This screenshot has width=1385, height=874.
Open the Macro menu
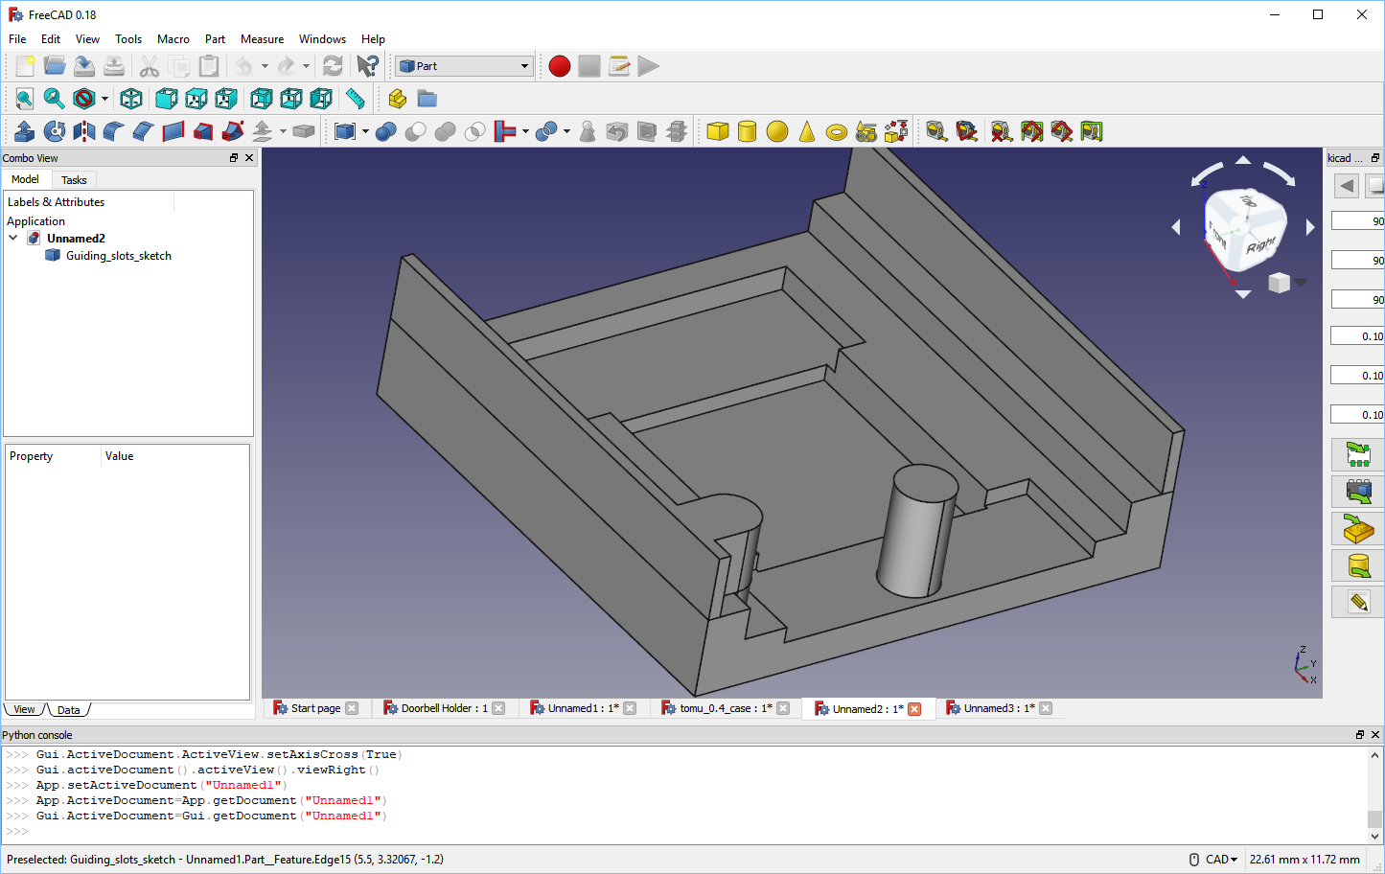coord(173,39)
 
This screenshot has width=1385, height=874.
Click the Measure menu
coord(262,39)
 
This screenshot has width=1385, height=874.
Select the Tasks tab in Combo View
coord(74,180)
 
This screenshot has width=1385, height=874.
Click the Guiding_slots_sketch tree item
coord(118,256)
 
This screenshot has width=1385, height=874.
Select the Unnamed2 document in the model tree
coord(76,239)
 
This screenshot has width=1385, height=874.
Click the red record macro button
coord(560,66)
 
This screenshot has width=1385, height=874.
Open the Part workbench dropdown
coord(464,66)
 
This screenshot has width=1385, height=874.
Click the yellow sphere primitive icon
coord(777,131)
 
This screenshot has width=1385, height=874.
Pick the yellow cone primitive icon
coord(807,131)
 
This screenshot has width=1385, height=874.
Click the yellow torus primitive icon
coord(837,132)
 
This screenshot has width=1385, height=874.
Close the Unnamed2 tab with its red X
coord(914,709)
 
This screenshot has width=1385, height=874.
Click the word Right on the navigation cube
coord(1260,245)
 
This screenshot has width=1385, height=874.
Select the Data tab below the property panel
coord(68,710)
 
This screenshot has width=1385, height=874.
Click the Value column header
coord(120,456)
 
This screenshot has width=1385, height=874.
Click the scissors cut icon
coord(149,66)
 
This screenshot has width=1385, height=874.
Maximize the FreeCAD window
coord(1318,14)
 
